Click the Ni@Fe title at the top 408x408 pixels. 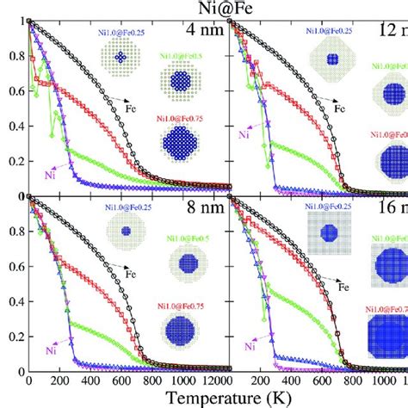203,10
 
